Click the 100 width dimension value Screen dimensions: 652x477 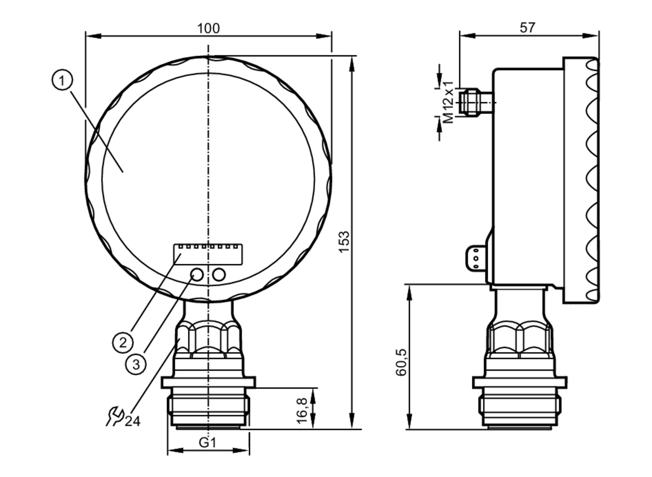point(208,28)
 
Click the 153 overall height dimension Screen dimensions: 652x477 point(344,242)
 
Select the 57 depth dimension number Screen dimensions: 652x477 point(527,28)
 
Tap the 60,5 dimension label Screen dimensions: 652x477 point(401,362)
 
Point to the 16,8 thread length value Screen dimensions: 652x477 point(302,410)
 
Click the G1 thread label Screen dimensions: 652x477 point(208,442)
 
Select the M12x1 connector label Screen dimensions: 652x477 point(449,102)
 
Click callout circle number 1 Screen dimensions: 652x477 point(62,80)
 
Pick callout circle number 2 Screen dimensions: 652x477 point(123,342)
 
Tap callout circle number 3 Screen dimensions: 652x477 point(136,364)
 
